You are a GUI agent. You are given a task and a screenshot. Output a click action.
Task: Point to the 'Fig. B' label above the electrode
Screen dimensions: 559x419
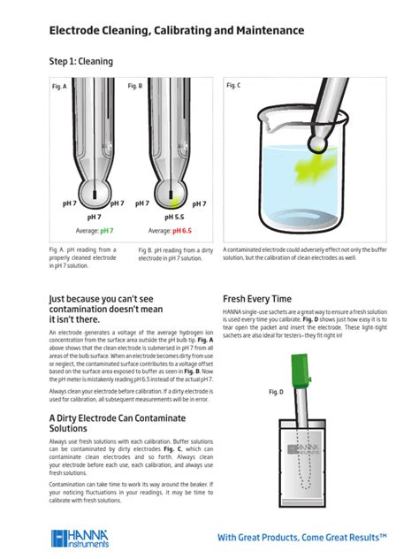[134, 86]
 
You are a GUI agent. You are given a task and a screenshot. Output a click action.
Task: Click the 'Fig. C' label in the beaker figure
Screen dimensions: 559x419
[234, 85]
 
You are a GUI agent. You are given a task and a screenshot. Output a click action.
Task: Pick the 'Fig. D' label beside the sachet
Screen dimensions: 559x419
[276, 391]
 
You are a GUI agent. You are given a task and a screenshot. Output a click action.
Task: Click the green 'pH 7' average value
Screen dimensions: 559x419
[106, 231]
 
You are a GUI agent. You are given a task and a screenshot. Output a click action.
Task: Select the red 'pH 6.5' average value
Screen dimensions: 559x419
[181, 231]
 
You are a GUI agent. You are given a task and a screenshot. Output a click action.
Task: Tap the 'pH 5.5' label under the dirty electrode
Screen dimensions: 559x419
[173, 217]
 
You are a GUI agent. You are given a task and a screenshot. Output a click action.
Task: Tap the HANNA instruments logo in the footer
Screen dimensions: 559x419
[80, 537]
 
